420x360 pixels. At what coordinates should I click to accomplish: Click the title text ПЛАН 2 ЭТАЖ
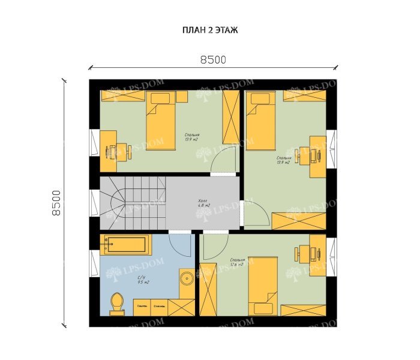tap(209, 30)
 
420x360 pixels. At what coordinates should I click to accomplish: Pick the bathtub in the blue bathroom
tap(125, 245)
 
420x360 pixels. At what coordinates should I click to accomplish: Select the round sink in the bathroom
tap(187, 278)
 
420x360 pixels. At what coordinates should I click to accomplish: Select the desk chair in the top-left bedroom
tap(110, 151)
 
